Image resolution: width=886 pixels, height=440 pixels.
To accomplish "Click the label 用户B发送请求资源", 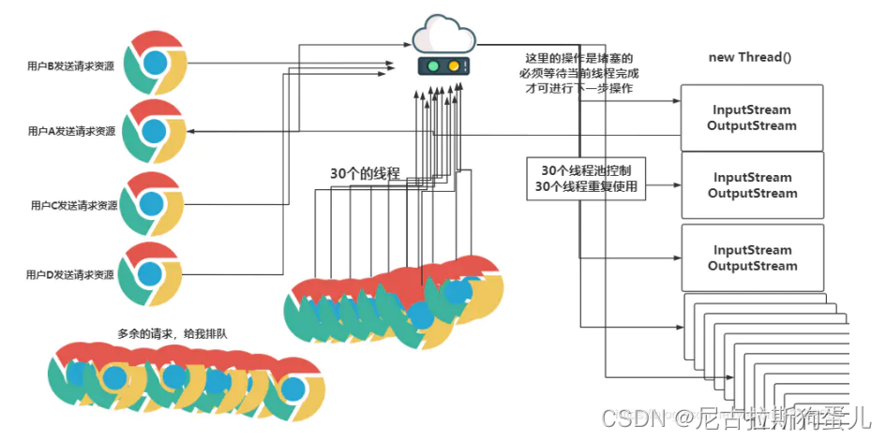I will coord(71,66).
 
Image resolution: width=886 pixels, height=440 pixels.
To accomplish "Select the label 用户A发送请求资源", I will coord(71,132).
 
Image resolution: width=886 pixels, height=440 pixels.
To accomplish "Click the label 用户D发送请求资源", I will coord(71,275).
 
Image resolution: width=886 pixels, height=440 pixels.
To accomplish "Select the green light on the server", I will coord(433,67).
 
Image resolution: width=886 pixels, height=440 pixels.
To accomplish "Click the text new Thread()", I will coord(750,57).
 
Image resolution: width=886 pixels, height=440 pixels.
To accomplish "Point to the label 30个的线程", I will coord(365,173).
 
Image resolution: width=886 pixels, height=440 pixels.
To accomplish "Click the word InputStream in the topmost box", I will coord(752,110).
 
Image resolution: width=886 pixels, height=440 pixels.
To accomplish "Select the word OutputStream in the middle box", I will coord(752,194).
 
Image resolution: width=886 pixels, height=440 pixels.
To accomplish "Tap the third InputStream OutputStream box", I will coord(752,257).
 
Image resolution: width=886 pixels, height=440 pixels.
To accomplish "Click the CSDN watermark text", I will coord(632,415).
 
